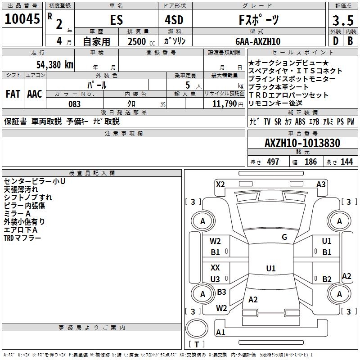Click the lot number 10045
pyautogui.click(x=22, y=19)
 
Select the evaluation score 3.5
pyautogui.click(x=342, y=21)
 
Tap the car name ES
pyautogui.click(x=116, y=20)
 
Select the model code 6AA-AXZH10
pyautogui.click(x=257, y=41)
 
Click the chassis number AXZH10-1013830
pyautogui.click(x=302, y=143)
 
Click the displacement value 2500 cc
pyautogui.click(x=139, y=41)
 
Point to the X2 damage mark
pyautogui.click(x=220, y=184)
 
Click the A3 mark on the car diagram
pyautogui.click(x=321, y=184)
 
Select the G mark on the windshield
pyautogui.click(x=284, y=237)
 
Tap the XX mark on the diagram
pyautogui.click(x=215, y=267)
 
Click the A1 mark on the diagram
pyautogui.click(x=220, y=333)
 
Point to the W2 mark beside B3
pyautogui.click(x=221, y=308)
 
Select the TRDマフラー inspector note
pyautogui.click(x=22, y=238)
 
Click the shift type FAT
pyautogui.click(x=13, y=94)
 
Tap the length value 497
pyautogui.click(x=272, y=162)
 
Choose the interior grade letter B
pyautogui.click(x=350, y=41)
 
